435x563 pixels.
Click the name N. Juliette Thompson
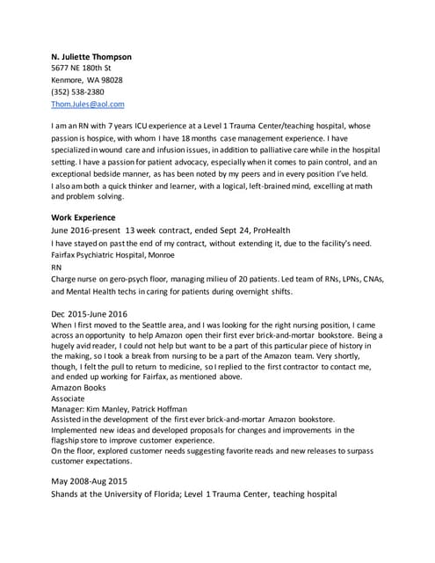[91, 56]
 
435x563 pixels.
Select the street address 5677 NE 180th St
[82, 68]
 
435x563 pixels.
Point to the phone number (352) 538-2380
[77, 91]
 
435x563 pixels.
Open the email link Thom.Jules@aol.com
[88, 104]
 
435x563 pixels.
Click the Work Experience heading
[83, 216]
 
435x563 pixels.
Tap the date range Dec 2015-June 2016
[90, 313]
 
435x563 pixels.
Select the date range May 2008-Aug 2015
[93, 481]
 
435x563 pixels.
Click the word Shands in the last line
[68, 494]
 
